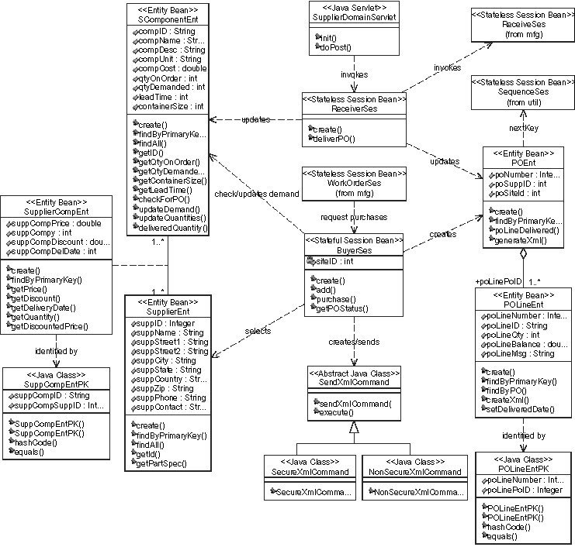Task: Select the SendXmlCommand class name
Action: click(354, 383)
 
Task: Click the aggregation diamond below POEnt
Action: click(524, 253)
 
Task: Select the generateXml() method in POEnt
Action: click(519, 241)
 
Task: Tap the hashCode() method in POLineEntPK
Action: click(509, 527)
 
